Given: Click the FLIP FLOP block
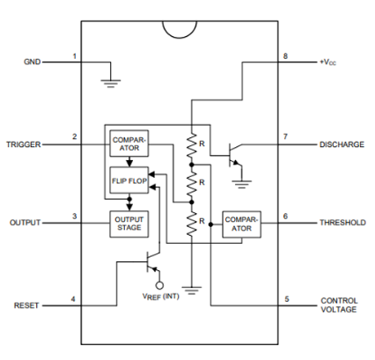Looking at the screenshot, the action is coord(129,180).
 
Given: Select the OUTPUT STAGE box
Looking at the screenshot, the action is coord(129,224).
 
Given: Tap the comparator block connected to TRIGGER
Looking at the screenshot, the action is coord(129,143).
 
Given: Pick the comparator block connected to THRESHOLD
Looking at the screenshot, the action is coord(241,224).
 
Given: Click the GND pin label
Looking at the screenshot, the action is coord(32,62).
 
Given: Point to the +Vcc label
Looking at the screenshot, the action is coord(328,62).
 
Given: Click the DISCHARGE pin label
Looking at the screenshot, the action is coord(342,144).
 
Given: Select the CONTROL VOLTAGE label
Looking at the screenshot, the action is coord(339,305).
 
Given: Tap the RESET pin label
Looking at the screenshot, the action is coord(26,305).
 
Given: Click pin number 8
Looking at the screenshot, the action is coord(285,55).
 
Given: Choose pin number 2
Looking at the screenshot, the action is coord(75,136).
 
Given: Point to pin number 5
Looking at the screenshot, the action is coord(287,299).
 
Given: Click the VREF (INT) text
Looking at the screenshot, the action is coord(160,297).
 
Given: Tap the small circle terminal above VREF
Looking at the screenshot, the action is coord(159,285).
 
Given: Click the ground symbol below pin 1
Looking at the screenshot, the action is coord(111,84).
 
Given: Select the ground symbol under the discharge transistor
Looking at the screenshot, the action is coord(241,184).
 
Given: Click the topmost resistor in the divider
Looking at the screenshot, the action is coord(192,143).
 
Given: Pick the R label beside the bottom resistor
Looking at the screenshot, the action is coord(202,221).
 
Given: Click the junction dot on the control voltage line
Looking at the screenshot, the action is coord(210,224).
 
